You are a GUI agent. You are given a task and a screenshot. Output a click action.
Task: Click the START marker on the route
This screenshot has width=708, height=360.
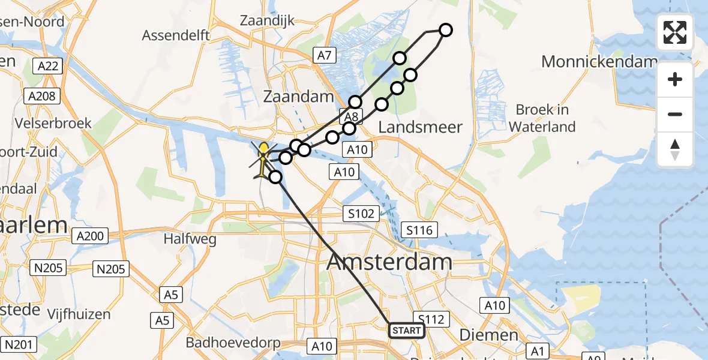(407, 331)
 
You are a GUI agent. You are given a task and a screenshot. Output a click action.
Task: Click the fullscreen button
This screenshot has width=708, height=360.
(675, 32)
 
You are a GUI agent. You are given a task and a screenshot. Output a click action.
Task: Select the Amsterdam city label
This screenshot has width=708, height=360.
(389, 262)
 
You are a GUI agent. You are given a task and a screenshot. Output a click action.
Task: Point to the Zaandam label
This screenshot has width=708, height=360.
(298, 97)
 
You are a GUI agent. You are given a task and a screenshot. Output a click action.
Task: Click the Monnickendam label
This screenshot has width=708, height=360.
(599, 61)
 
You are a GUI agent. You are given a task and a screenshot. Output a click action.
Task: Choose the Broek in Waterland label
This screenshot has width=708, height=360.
(542, 118)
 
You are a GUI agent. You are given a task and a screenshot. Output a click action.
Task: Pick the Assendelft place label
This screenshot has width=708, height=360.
(176, 35)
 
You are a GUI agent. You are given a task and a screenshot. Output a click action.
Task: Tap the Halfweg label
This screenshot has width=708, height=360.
(190, 239)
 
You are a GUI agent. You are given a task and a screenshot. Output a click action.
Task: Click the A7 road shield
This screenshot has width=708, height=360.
(324, 56)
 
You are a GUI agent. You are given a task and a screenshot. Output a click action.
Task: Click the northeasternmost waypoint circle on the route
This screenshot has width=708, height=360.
(445, 30)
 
